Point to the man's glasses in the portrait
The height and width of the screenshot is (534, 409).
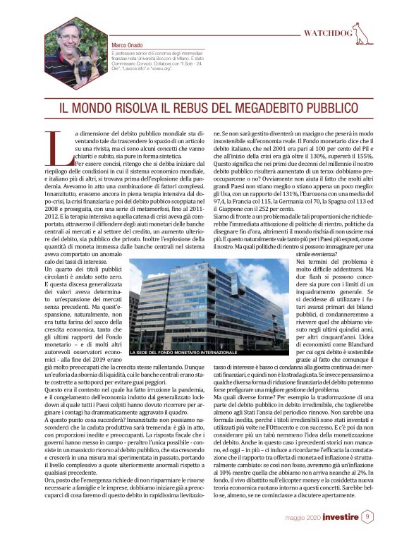tap(71, 35)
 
